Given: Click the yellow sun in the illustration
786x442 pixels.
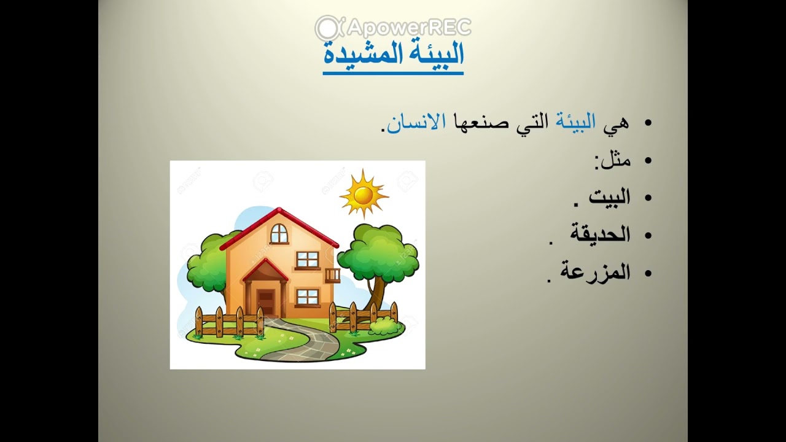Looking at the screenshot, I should click(363, 195).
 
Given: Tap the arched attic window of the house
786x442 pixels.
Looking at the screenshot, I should click(279, 233).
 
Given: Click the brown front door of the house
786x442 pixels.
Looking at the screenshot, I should click(266, 301).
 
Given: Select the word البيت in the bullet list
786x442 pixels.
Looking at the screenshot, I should click(609, 197).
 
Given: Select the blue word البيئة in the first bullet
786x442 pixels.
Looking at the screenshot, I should click(575, 122).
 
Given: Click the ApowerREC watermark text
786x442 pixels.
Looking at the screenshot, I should click(409, 27).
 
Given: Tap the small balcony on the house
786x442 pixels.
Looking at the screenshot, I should click(332, 275).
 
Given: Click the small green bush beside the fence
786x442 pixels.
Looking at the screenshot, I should click(385, 326).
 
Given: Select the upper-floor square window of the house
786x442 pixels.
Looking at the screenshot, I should click(307, 260).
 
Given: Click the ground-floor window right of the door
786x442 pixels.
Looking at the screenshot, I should click(307, 297).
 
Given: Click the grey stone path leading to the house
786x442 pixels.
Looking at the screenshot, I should click(307, 344).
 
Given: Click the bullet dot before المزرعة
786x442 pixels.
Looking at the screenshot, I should click(647, 273).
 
